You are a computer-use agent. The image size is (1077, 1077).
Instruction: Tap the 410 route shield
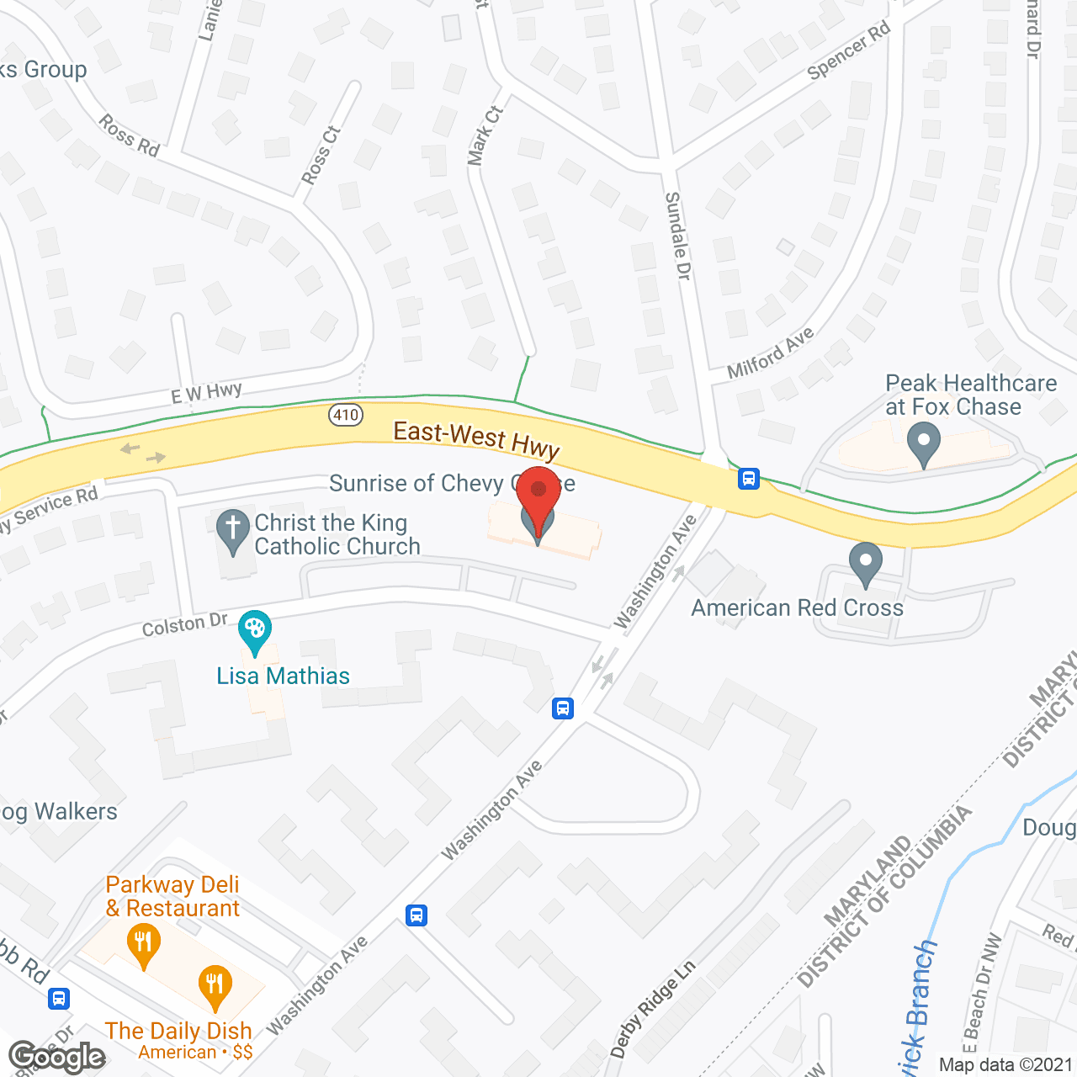(x=346, y=415)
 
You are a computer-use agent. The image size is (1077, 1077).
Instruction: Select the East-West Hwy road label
(x=476, y=441)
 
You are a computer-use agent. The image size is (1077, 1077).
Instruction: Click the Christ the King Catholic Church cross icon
(x=233, y=531)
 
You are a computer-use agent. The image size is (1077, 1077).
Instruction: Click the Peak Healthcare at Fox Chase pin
(x=924, y=443)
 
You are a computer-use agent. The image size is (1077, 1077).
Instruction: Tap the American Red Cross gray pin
(x=865, y=563)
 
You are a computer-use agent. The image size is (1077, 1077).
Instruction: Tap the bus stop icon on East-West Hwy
(x=749, y=480)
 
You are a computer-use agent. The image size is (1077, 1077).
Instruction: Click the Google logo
(x=57, y=1056)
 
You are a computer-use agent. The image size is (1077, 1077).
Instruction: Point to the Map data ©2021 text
(x=1005, y=1065)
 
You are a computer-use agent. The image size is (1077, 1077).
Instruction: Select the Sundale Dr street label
(x=677, y=236)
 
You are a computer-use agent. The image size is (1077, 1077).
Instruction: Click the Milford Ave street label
(x=771, y=353)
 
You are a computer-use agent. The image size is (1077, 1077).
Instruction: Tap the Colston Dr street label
(x=184, y=625)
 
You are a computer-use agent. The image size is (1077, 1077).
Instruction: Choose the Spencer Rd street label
(x=849, y=51)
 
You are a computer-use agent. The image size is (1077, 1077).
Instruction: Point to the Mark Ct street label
(x=485, y=135)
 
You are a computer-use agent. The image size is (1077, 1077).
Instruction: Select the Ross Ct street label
(x=321, y=155)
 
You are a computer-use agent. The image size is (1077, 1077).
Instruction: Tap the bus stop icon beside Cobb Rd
(x=58, y=999)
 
